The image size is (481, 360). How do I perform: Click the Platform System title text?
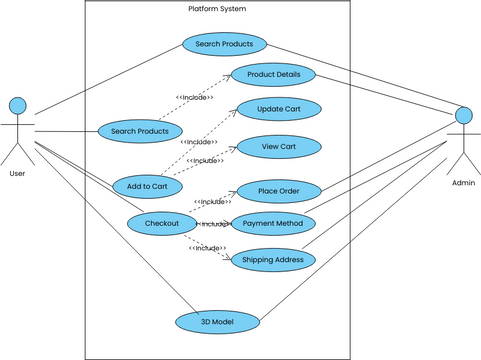(217, 9)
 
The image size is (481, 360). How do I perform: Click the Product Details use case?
(274, 75)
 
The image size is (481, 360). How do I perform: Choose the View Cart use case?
(278, 146)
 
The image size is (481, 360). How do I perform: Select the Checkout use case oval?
(161, 223)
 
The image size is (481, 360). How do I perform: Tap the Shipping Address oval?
(273, 260)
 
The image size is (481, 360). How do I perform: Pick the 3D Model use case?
(218, 322)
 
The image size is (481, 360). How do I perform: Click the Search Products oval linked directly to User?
(140, 131)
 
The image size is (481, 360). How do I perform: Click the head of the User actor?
(17, 105)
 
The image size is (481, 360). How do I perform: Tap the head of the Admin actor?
(464, 115)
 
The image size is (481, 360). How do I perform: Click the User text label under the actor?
(17, 173)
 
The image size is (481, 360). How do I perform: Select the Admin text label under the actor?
(464, 183)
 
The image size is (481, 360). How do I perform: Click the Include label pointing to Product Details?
(194, 97)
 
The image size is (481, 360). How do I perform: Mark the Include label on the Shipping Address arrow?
(208, 248)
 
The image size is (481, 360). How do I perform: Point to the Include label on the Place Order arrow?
(212, 201)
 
